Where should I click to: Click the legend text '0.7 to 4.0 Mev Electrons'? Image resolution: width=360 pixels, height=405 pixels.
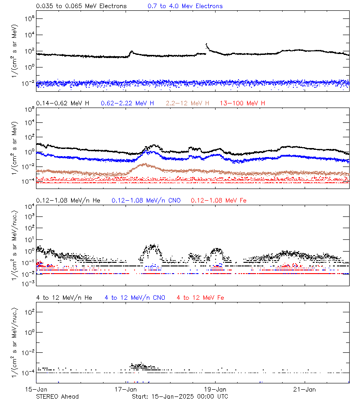pos(185,6)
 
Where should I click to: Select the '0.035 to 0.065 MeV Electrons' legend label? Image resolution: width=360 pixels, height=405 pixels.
pos(81,6)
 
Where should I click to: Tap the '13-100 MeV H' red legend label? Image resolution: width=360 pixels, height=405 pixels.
pos(242,103)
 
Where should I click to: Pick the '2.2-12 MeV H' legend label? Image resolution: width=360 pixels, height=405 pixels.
pos(187,103)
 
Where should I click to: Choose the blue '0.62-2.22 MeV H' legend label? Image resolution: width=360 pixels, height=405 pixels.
pos(127,103)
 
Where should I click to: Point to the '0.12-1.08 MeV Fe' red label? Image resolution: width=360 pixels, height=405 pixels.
pos(218,200)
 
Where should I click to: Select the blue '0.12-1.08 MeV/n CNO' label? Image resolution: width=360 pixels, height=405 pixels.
pos(146,200)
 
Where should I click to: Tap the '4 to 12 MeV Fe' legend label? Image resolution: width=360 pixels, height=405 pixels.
pos(200,298)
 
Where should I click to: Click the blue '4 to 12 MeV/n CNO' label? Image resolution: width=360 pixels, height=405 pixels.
pos(135,298)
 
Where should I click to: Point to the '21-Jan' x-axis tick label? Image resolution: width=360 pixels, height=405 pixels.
pos(304,389)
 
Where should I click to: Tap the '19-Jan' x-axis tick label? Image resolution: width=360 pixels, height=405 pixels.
pos(215,389)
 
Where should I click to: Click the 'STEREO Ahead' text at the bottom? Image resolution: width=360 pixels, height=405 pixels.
pos(57,396)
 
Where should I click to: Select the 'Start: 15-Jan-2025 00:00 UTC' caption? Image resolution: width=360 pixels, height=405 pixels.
pos(180,396)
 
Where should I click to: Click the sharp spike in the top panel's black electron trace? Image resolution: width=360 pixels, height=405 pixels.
pos(206,44)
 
